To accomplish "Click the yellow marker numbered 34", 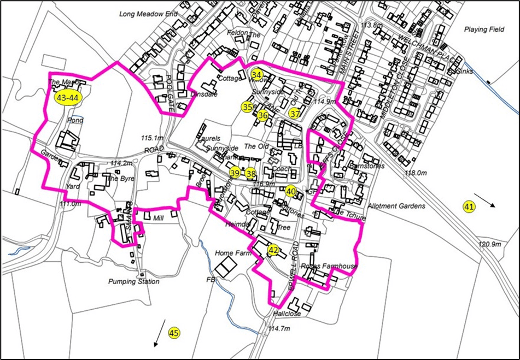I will tap(256, 74).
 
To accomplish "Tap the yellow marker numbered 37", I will tap(295, 114).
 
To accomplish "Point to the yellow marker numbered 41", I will tap(469, 206).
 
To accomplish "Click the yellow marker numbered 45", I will tap(174, 332).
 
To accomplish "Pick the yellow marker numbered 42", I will tap(273, 250).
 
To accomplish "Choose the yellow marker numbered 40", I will tap(291, 191).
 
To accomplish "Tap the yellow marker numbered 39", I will tap(235, 173).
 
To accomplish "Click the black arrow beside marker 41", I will tap(486, 199).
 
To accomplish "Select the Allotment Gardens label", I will tap(396, 206).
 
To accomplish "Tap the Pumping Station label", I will tap(134, 282).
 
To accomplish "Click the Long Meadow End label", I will tap(148, 14).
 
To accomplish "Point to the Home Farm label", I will tap(232, 253).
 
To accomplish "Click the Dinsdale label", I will tap(204, 94).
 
